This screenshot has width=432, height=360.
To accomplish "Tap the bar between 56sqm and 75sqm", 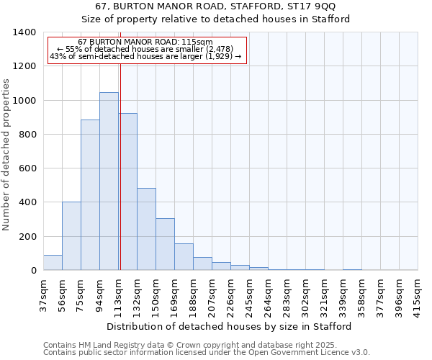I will click(x=71, y=236).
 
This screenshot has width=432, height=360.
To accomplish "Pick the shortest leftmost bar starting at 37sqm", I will click(x=53, y=263).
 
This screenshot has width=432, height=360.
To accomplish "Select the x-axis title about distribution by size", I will click(x=229, y=326).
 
